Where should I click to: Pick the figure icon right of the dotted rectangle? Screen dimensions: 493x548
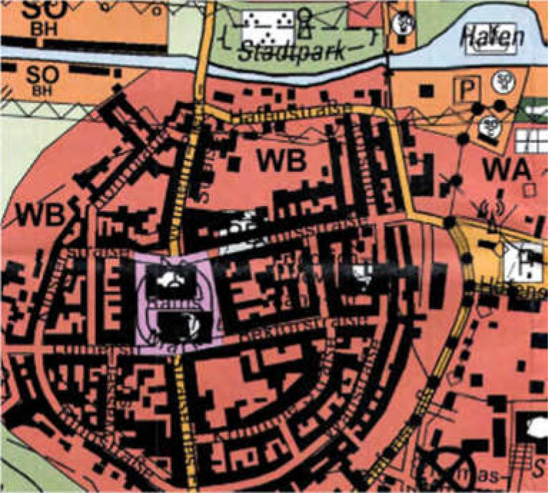[x=305, y=24]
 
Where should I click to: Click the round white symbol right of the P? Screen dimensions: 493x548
[x=504, y=82]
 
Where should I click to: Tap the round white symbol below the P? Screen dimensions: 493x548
[x=491, y=126]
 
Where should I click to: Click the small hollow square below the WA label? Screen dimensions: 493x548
[x=529, y=190]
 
